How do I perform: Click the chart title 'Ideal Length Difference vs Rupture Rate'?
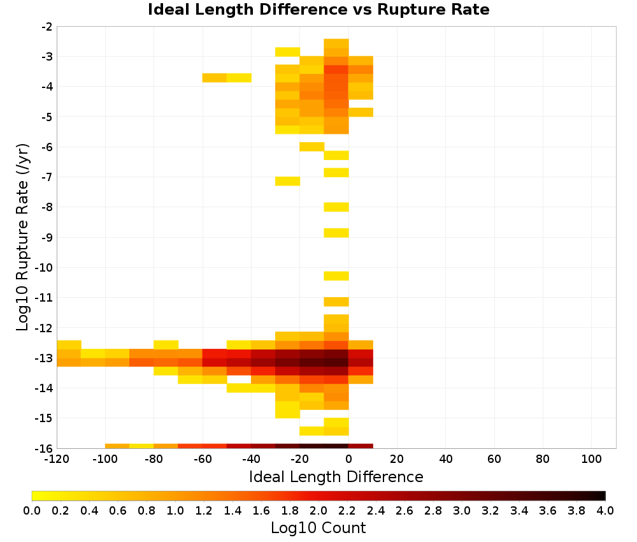[x=318, y=10]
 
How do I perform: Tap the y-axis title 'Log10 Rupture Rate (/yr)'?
[x=22, y=237]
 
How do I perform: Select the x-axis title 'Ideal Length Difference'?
[x=336, y=476]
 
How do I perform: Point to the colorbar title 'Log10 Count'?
[x=318, y=528]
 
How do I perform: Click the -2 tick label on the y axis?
[x=47, y=27]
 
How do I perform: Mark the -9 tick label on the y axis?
[x=47, y=237]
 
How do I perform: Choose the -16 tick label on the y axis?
[x=44, y=448]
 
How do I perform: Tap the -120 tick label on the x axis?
[x=57, y=460]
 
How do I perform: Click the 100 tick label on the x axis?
[x=592, y=460]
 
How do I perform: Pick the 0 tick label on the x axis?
[x=348, y=460]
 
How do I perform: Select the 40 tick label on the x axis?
[x=446, y=460]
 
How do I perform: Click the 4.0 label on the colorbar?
[x=605, y=511]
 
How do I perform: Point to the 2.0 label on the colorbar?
[x=318, y=511]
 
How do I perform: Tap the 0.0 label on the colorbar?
[x=32, y=511]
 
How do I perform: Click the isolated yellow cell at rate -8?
[x=336, y=207]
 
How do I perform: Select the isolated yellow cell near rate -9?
[x=336, y=233]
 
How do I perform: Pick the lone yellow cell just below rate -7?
[x=288, y=181]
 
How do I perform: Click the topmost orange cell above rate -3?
[x=336, y=43]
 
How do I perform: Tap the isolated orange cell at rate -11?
[x=336, y=302]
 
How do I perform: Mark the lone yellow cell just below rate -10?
[x=336, y=275]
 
